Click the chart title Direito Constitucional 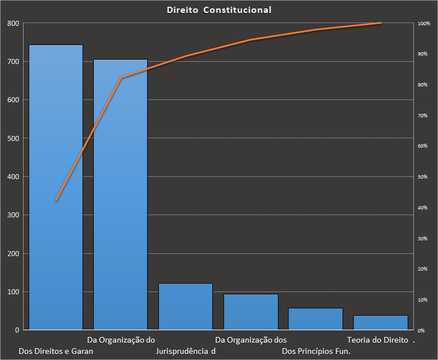219,10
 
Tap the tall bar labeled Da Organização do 120,194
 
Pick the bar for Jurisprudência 185,307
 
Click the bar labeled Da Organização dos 250,312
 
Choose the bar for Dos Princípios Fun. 315,318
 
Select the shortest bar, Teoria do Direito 380,322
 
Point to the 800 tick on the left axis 13,24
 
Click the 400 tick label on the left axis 13,177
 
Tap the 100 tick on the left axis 13,292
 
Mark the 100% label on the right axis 424,24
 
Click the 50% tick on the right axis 423,177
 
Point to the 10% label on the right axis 423,300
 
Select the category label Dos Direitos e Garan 56,352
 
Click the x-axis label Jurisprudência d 185,352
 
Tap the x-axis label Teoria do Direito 377,340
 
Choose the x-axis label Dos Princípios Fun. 316,352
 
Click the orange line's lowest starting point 56,200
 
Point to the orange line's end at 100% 381,23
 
